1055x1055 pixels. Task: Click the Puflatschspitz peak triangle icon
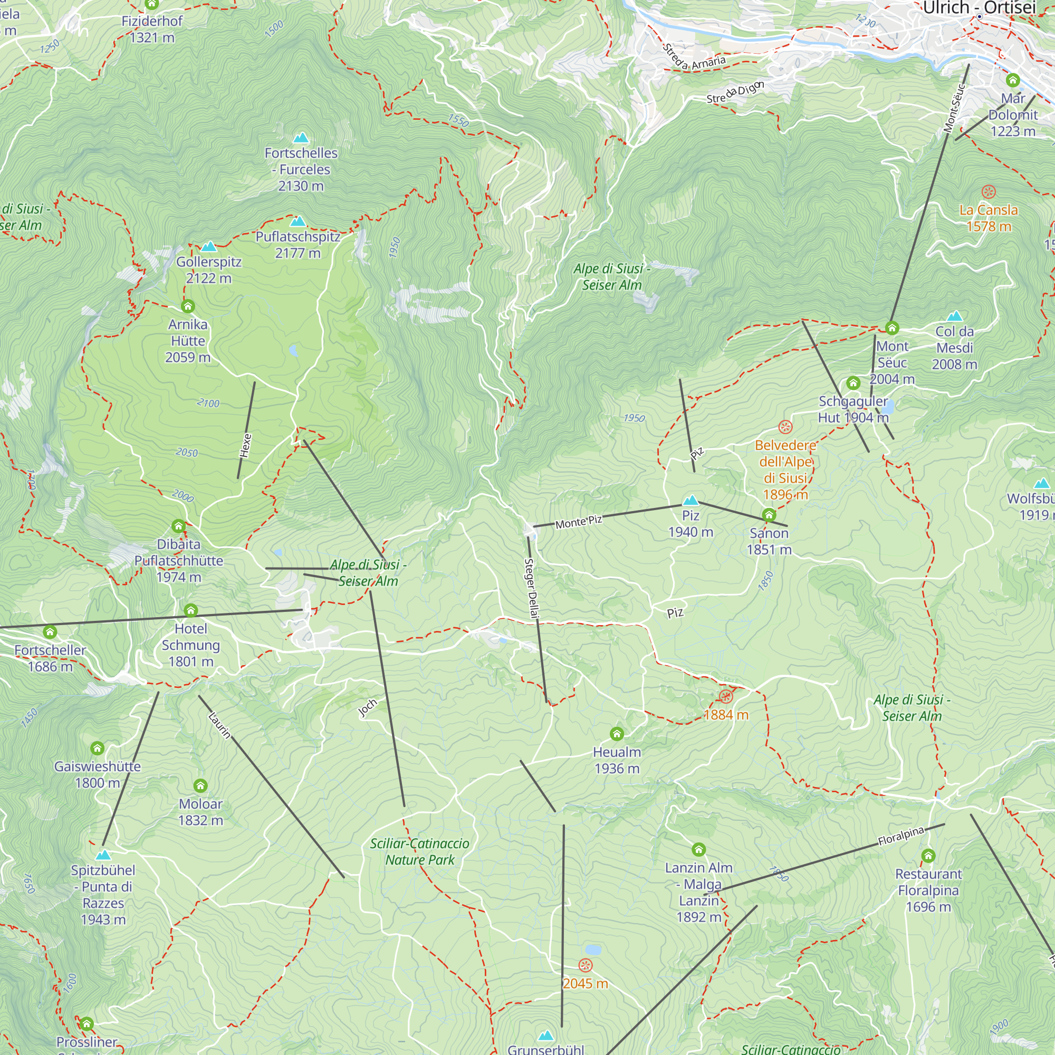[x=298, y=221]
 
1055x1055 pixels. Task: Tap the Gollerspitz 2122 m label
[x=208, y=270]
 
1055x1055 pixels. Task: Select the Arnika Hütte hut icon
[x=188, y=306]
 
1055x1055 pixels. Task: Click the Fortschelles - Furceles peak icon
[x=301, y=138]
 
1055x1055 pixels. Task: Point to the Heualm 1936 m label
[x=617, y=760]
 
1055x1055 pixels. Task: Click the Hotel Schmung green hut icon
[x=190, y=610]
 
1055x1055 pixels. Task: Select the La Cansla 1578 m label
[x=989, y=218]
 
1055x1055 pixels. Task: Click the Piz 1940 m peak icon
[x=691, y=500]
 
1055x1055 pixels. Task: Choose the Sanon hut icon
[x=769, y=515]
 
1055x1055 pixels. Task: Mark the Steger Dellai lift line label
[x=531, y=588]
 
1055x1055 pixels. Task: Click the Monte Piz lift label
[x=579, y=522]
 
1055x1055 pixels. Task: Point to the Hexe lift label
[x=246, y=446]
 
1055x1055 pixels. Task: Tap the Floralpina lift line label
[x=901, y=836]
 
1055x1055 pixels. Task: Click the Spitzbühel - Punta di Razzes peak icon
[x=103, y=855]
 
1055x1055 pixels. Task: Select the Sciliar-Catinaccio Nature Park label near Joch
[x=419, y=851]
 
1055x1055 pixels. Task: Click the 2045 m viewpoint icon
[x=586, y=965]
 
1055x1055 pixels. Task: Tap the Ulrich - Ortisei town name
[x=979, y=7]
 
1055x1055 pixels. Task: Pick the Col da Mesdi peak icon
[x=955, y=316]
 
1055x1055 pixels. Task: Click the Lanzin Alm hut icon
[x=699, y=849]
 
